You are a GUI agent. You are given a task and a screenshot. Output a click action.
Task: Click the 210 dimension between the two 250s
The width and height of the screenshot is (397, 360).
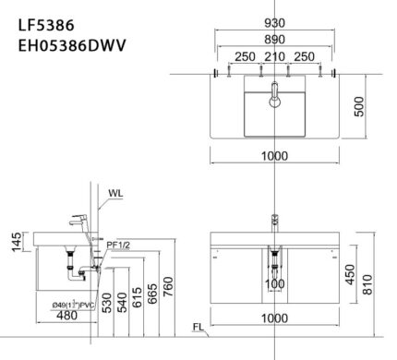coord(274,57)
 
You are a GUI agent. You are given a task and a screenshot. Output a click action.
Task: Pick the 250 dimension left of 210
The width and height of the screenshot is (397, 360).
coord(245,57)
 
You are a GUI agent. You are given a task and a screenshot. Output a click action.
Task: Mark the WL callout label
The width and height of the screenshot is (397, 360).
coord(114,194)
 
